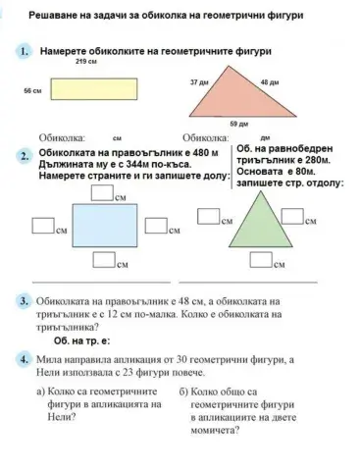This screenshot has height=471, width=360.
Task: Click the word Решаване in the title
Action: (x=56, y=19)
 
